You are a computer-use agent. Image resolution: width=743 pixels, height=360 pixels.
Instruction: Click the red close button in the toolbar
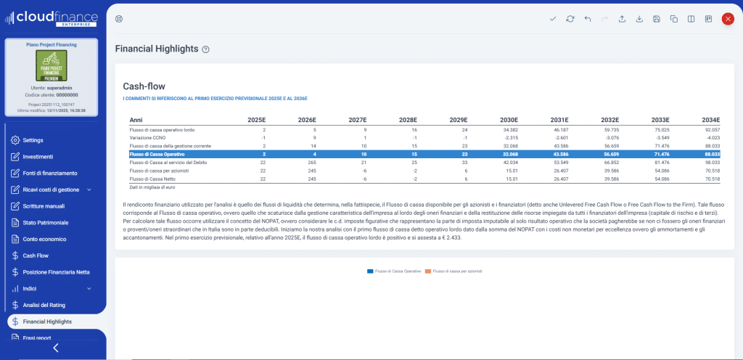coord(727,19)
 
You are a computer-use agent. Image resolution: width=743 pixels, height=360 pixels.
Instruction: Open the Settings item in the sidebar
coord(33,140)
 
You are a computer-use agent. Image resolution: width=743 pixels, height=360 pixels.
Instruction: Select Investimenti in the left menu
coord(38,157)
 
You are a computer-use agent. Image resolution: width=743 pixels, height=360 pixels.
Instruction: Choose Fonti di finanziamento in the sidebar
coord(49,173)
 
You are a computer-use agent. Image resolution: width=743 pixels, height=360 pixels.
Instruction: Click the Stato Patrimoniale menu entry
coord(45,222)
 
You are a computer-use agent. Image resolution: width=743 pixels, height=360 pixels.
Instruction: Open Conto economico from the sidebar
coord(44,239)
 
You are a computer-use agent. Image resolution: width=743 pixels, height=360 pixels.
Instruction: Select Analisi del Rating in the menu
coord(44,305)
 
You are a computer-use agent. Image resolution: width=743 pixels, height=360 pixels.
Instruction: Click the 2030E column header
coord(509,120)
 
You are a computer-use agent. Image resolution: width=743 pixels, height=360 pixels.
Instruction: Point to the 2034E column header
coord(710,120)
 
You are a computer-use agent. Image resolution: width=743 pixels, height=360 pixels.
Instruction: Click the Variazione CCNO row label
coord(147,137)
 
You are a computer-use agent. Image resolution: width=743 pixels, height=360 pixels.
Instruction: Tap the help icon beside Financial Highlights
coord(206,49)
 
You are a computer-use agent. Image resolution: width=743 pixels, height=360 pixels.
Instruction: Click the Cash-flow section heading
coord(144,86)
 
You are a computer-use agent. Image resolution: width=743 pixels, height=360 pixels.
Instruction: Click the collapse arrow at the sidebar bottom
coord(56,348)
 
